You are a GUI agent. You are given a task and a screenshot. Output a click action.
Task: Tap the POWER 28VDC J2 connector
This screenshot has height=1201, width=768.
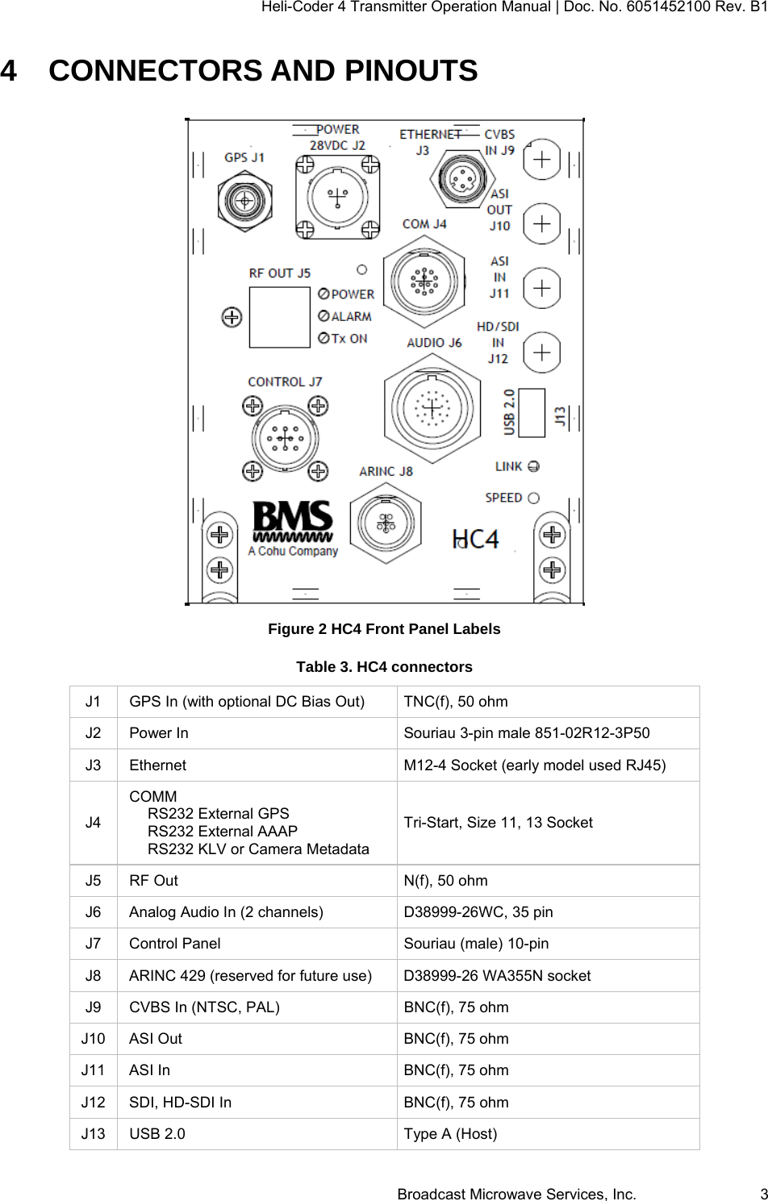(x=336, y=197)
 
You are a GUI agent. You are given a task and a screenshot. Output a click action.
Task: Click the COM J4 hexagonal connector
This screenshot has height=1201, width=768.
(x=424, y=281)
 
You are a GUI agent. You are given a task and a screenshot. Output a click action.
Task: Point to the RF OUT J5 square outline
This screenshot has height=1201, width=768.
(x=279, y=317)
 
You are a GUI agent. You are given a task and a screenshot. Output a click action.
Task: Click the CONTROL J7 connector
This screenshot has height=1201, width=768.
(x=285, y=438)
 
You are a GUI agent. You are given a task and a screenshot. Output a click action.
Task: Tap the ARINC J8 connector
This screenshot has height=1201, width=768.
(x=386, y=523)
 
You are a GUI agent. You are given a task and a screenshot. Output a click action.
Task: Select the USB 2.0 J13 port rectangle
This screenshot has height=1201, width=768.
(x=532, y=412)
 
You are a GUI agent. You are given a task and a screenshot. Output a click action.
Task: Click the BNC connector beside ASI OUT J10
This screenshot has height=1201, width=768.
(x=542, y=223)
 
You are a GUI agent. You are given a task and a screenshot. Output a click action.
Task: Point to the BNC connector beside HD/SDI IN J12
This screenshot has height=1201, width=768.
(x=542, y=352)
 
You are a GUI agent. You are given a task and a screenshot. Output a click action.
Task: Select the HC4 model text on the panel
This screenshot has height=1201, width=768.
(x=476, y=538)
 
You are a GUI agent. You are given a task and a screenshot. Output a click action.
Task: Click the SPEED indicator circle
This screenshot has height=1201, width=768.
(x=533, y=498)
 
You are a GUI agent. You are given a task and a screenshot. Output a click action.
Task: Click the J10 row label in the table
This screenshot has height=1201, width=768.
(x=94, y=1039)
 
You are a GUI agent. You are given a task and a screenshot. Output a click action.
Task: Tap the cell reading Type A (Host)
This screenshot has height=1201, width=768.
(x=450, y=1134)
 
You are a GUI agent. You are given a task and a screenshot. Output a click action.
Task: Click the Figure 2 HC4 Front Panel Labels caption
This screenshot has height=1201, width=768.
(x=384, y=629)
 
